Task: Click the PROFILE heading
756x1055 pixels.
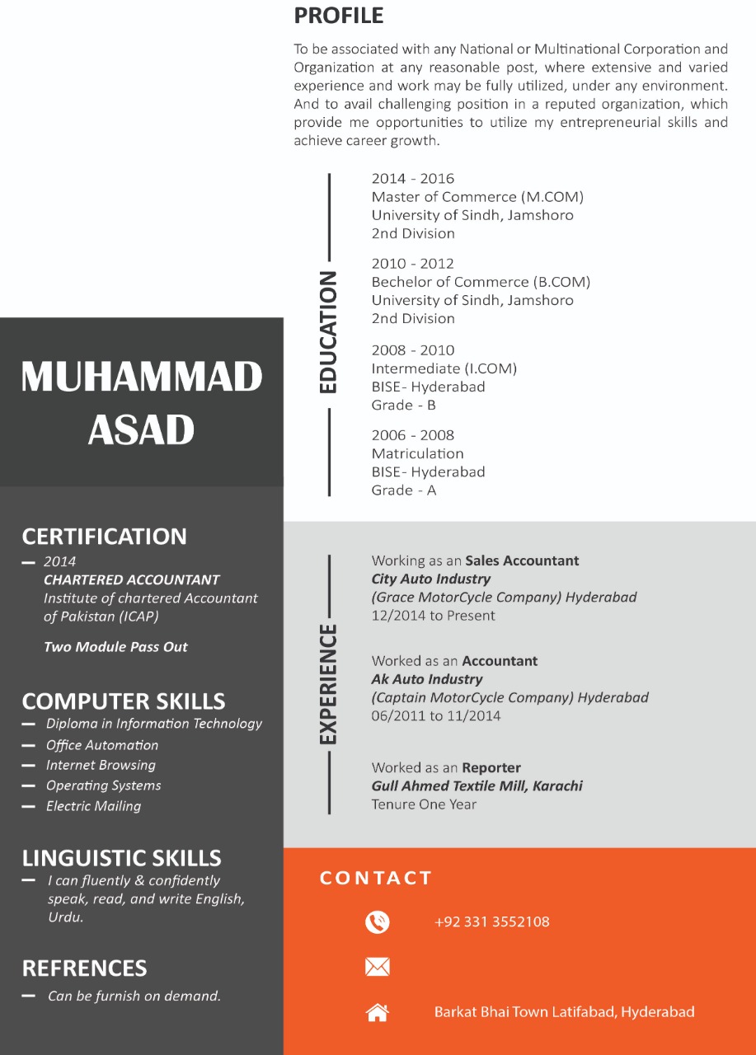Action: pos(338,16)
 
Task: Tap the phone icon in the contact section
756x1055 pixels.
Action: pos(378,921)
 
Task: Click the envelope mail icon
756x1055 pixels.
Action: pos(378,967)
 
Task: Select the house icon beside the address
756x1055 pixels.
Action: pos(378,1012)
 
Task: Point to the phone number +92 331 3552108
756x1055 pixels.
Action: pos(491,921)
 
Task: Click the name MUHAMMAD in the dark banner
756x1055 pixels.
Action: pos(142,377)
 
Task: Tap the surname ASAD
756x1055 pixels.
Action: pos(142,429)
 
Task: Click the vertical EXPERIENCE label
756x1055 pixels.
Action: pos(328,684)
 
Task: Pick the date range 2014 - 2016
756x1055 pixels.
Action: pos(412,179)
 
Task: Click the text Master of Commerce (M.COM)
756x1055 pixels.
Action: pos(477,197)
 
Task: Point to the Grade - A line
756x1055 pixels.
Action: pos(403,490)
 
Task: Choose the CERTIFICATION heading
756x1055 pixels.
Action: pos(104,537)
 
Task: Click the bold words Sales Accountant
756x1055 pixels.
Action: pos(522,560)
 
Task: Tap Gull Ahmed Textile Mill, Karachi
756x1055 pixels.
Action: pos(477,786)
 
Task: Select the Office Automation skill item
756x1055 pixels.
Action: pos(101,745)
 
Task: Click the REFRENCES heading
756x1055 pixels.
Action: pos(84,968)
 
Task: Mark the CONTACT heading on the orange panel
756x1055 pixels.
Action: pos(376,878)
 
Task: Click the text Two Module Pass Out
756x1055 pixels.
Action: pos(115,647)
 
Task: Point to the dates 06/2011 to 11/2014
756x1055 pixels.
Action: pos(436,715)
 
